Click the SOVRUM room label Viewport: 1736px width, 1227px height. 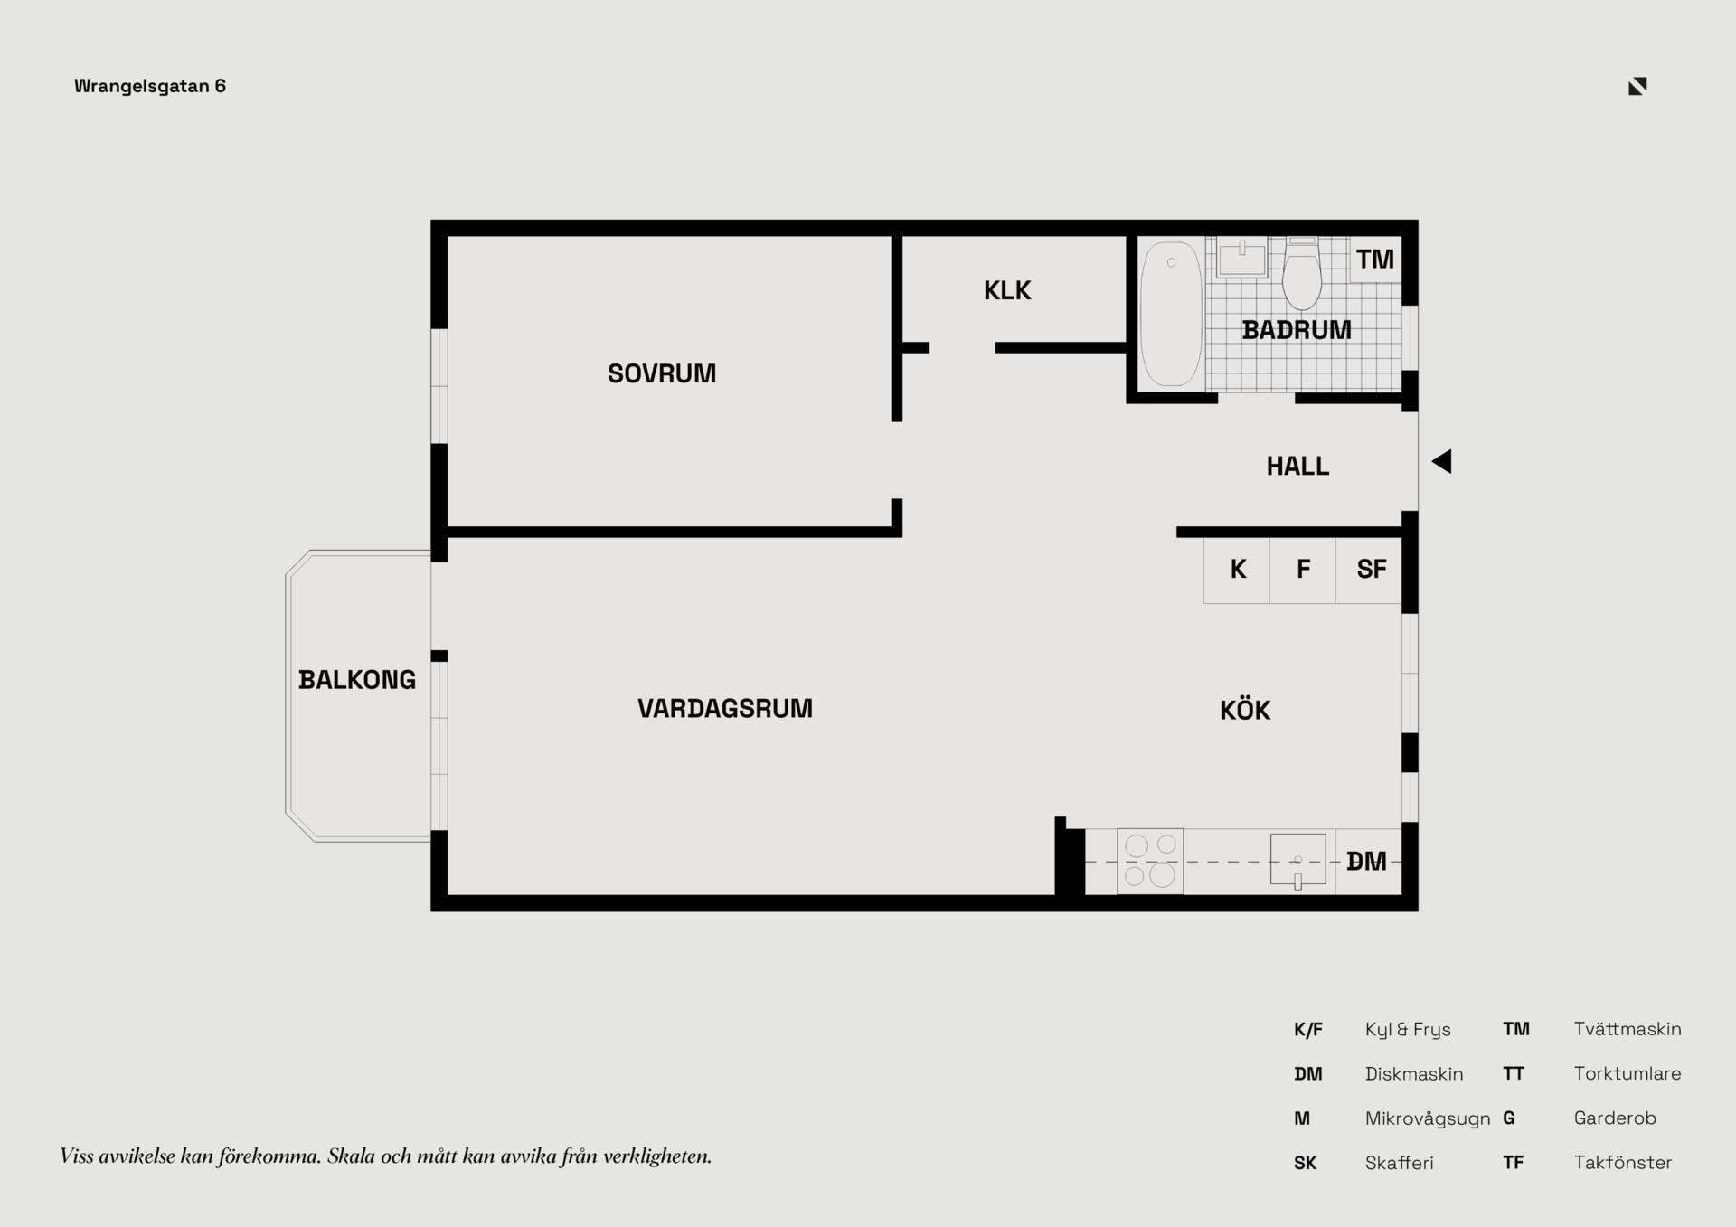coord(662,373)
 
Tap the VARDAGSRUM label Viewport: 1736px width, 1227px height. coord(725,708)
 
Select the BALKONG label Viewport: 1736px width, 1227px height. coord(357,680)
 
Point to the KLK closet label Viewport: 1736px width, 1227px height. coord(1007,290)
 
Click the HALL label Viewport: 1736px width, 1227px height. coord(1297,467)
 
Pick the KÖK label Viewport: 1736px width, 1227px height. coord(1245,710)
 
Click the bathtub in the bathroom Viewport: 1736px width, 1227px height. coord(1171,314)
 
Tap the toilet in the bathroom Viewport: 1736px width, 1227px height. coord(1302,273)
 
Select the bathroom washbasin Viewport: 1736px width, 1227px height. coord(1242,257)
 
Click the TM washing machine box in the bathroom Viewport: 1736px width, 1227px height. coord(1375,260)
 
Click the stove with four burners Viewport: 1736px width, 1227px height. coord(1150,861)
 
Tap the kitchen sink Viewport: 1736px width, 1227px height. coord(1297,860)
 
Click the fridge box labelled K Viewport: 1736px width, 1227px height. coord(1236,570)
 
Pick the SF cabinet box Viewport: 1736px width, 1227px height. coord(1369,570)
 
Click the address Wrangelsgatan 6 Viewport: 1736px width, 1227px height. coord(150,87)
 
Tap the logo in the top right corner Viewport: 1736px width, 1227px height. coord(1637,86)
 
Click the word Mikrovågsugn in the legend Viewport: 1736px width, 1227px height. coord(1428,1119)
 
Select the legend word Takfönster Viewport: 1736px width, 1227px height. coord(1623,1163)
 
